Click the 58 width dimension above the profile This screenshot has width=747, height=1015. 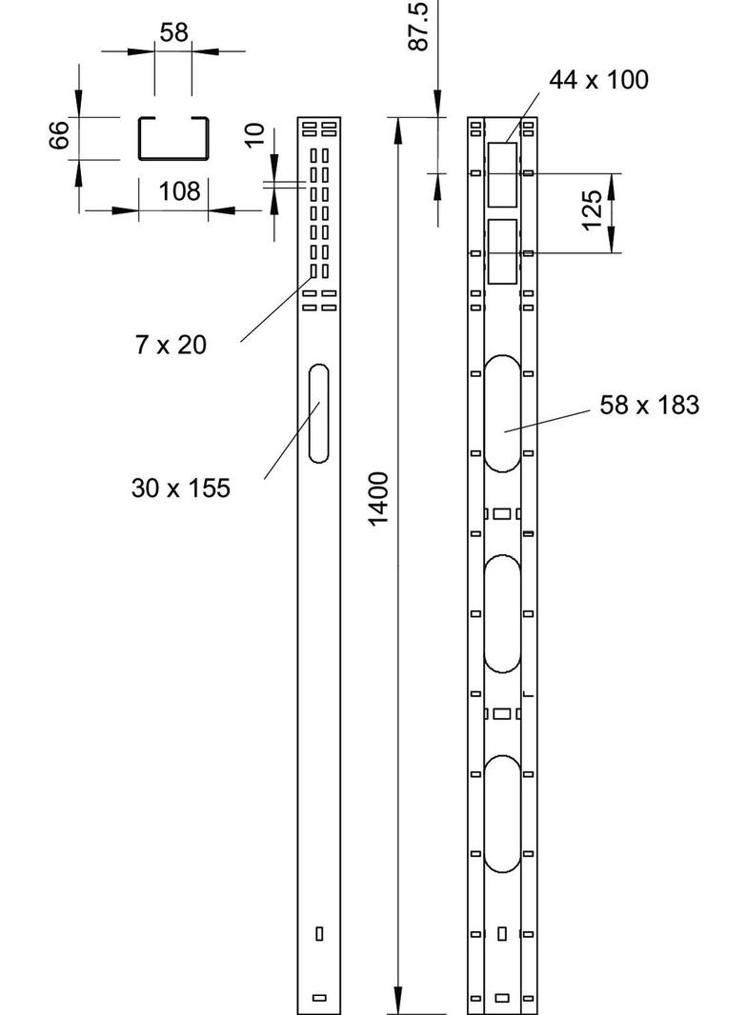[x=173, y=32]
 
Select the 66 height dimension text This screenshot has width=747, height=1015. [x=60, y=136]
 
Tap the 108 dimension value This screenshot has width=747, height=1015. [x=179, y=191]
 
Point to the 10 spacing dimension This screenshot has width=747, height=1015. [x=253, y=135]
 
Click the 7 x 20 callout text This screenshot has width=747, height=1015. [x=171, y=345]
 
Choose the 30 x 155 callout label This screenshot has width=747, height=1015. [x=181, y=488]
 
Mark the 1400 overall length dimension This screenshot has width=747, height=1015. [x=378, y=497]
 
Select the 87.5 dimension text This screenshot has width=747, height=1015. [x=416, y=26]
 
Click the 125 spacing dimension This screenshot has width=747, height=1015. [x=591, y=211]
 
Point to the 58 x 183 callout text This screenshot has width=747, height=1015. [x=650, y=406]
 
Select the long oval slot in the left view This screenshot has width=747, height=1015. [x=319, y=413]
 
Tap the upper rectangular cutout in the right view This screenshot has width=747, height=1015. [x=502, y=175]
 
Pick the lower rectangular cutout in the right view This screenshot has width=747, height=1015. [x=502, y=251]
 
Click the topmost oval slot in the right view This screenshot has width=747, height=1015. [x=502, y=413]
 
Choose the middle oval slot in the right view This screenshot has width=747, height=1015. [x=502, y=613]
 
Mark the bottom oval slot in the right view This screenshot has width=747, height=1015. [x=502, y=813]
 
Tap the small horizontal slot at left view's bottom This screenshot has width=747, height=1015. [x=319, y=998]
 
